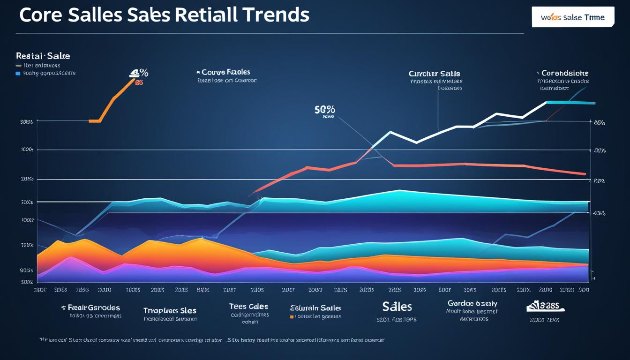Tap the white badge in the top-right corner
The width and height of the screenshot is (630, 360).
click(x=573, y=17)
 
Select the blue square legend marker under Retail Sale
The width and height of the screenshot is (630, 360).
click(x=18, y=73)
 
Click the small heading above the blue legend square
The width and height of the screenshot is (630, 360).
click(x=43, y=56)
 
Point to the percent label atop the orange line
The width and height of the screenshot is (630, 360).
click(x=139, y=73)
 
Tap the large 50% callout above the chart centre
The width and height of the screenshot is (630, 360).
click(x=325, y=110)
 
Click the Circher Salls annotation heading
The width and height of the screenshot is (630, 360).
click(x=435, y=74)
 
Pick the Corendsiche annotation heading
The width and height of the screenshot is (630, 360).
click(x=564, y=73)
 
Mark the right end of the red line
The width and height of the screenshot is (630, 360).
click(x=585, y=174)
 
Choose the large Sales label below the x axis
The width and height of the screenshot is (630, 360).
click(x=397, y=307)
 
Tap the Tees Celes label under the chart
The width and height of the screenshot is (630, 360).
click(x=248, y=306)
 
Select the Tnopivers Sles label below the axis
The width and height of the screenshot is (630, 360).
click(x=170, y=310)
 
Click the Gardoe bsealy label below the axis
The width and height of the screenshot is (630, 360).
click(x=472, y=303)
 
